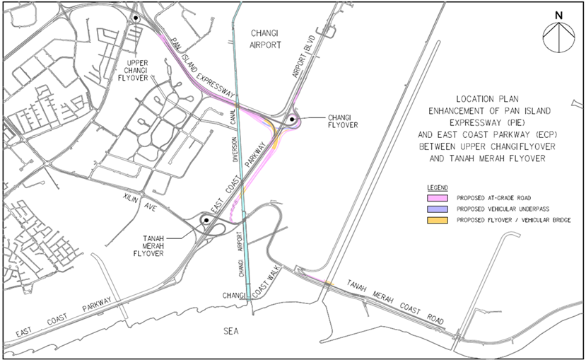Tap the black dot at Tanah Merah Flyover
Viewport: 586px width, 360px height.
(x=206, y=220)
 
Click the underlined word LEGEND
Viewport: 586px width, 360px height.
(x=440, y=185)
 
